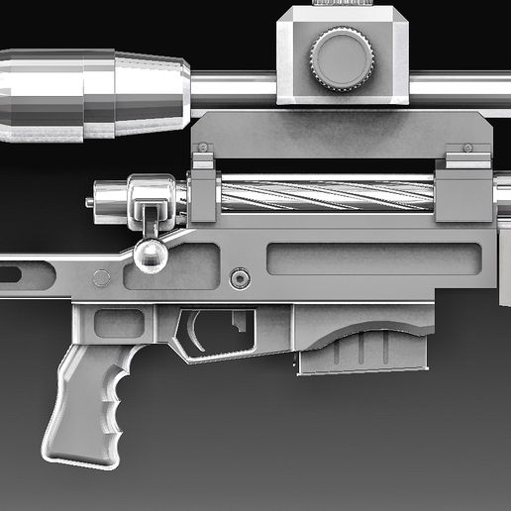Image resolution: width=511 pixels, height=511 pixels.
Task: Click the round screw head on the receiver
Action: coord(238,278)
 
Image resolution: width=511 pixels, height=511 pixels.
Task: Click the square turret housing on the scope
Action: coord(343,54)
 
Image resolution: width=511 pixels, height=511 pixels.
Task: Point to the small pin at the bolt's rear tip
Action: coord(90,202)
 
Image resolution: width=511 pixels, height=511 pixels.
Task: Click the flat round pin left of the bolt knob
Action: coord(101,278)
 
